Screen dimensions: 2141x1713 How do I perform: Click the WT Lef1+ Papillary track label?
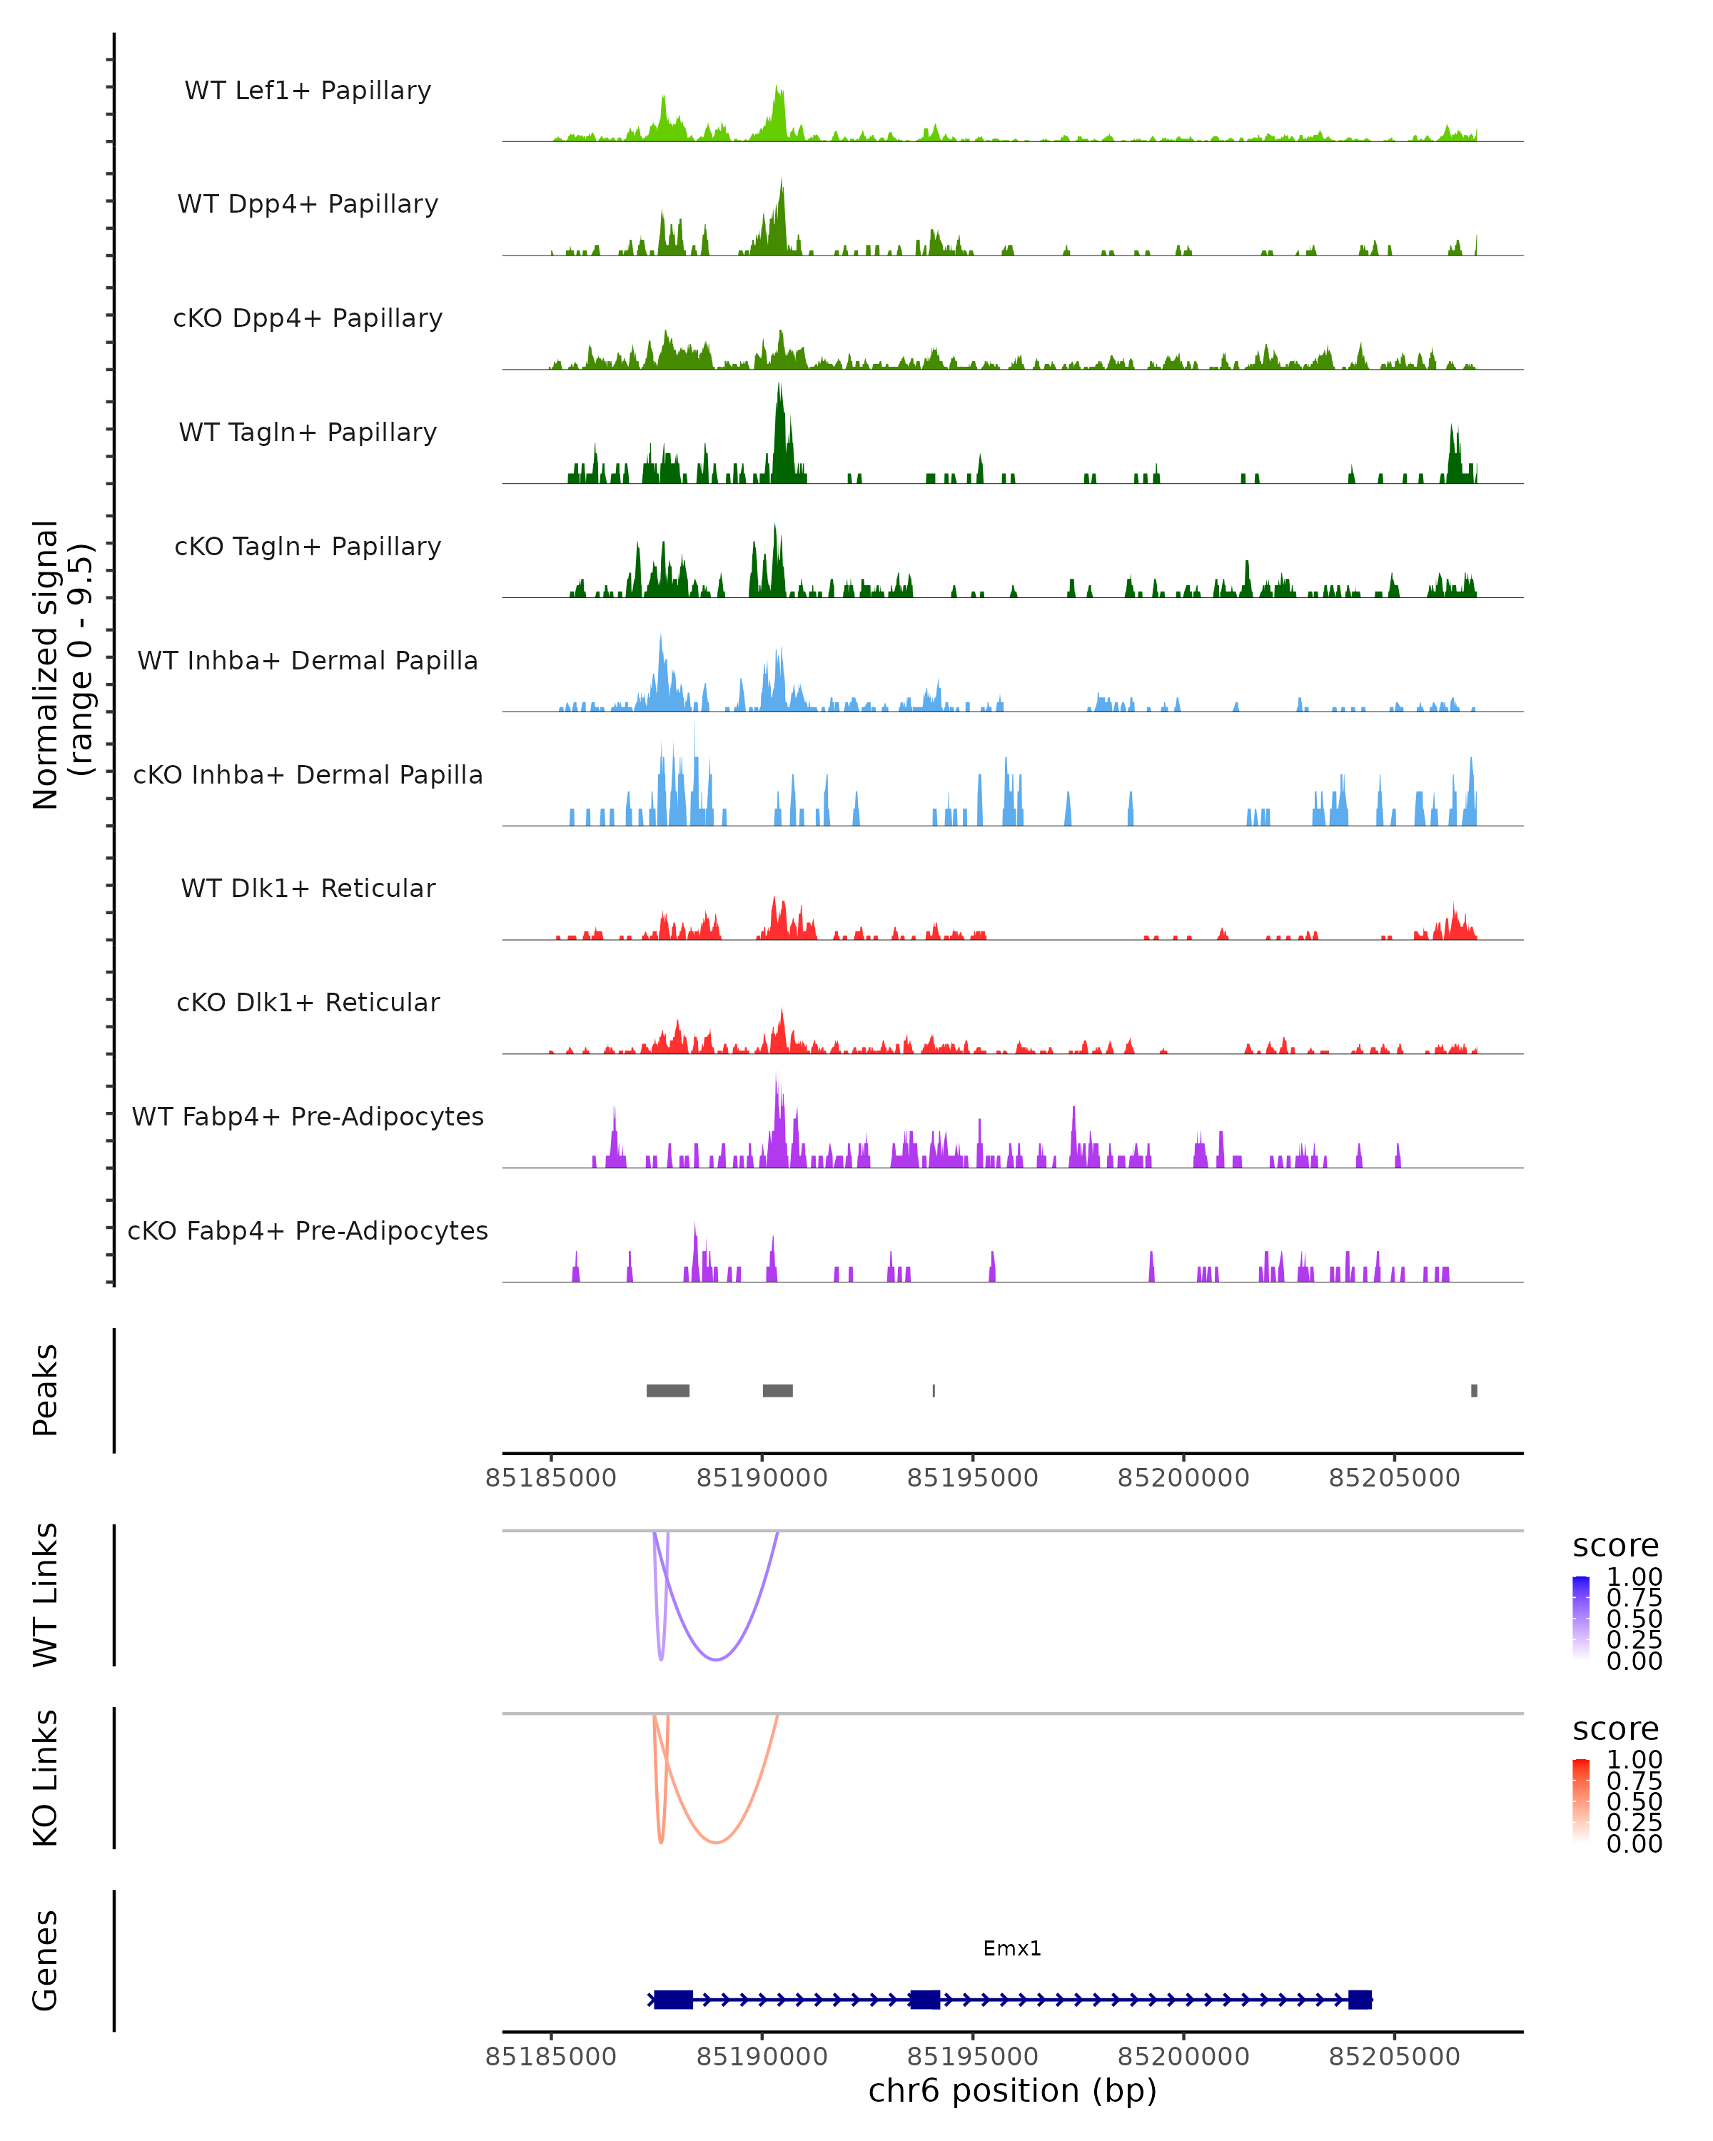[308, 91]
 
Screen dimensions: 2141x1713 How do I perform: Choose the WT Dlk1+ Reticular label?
[308, 888]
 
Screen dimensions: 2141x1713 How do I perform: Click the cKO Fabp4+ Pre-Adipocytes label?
[308, 1230]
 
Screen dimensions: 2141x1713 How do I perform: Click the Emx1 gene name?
[1012, 1948]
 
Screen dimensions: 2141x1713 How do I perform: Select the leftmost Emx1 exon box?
[673, 1999]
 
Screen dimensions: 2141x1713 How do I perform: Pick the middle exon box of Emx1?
[924, 1999]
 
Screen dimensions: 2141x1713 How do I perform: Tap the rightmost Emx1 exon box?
[1360, 1999]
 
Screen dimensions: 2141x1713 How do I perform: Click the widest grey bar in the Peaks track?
[667, 1390]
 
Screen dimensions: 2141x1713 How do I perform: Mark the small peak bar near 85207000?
[1474, 1390]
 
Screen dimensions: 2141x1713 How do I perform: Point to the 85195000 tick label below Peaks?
[972, 1478]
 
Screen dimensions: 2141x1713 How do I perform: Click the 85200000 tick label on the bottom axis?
[1183, 2057]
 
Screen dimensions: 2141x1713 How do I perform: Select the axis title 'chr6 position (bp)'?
[1012, 2090]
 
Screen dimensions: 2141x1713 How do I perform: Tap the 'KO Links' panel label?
[46, 1778]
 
